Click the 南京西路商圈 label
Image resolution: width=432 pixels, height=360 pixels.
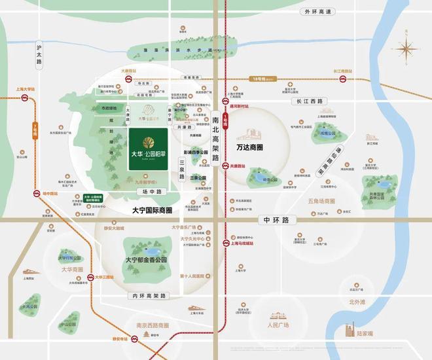[x=143, y=325]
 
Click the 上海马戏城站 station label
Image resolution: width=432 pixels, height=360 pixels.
[x=243, y=243]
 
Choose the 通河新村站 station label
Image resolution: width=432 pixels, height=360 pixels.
[x=238, y=105]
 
